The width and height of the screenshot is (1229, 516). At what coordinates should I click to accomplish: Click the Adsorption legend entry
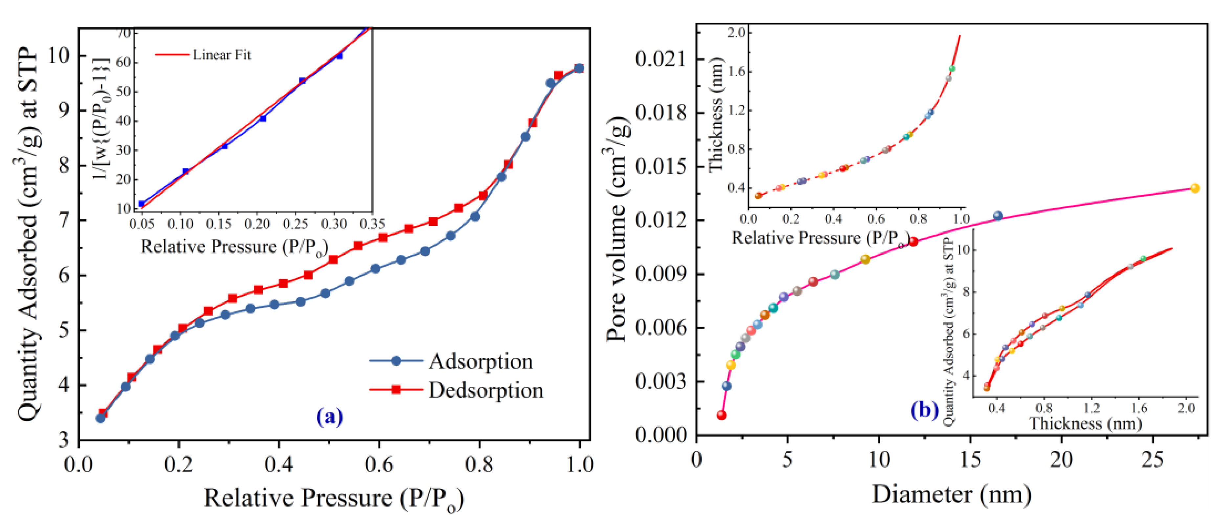coord(480,361)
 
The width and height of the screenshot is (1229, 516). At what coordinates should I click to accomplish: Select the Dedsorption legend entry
coord(485,390)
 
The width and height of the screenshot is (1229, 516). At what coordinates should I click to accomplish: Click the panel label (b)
coord(924,410)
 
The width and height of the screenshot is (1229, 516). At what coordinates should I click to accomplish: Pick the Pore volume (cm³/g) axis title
coord(618,229)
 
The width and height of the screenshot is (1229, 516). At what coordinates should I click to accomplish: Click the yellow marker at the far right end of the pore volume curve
coord(1195,188)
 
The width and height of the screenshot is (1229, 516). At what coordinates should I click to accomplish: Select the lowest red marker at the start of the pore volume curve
coord(722,415)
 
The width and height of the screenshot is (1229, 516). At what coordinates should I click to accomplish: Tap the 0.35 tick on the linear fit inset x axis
coord(372,223)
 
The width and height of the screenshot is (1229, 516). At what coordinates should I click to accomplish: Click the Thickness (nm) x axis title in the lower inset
coord(1085,423)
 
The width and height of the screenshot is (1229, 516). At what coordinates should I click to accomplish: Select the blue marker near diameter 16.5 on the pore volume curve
coord(998,216)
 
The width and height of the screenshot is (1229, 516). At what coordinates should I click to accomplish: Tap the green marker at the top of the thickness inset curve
coord(952,69)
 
